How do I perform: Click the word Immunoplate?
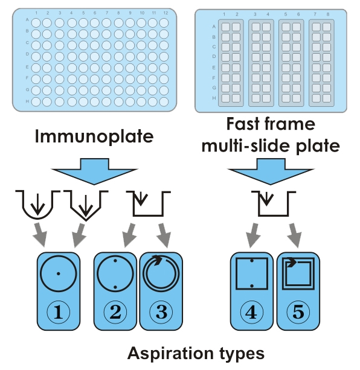click(x=94, y=137)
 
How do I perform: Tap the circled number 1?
click(x=59, y=312)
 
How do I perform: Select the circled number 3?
click(x=161, y=312)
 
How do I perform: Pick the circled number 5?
click(x=298, y=312)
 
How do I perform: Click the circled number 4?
click(x=252, y=312)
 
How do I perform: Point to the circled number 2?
click(x=115, y=312)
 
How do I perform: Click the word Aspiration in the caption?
click(x=170, y=354)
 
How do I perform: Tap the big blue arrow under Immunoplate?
click(x=94, y=171)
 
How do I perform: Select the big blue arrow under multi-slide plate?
click(x=271, y=171)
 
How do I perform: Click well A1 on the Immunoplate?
click(x=36, y=23)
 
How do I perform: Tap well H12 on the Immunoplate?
click(x=164, y=101)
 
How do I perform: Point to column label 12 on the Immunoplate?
click(x=166, y=13)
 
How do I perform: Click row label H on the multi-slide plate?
click(x=214, y=98)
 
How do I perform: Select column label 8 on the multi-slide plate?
click(x=328, y=14)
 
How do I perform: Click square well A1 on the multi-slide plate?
click(x=225, y=27)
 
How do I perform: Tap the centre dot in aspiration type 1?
click(x=59, y=273)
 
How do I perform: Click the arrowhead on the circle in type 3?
click(x=157, y=260)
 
